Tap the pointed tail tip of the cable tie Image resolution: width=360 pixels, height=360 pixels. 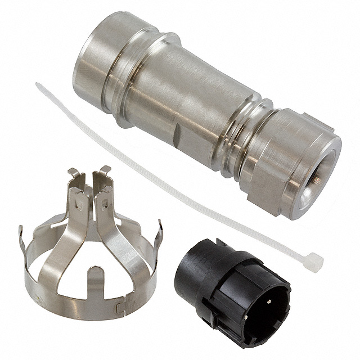coord(38,85)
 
